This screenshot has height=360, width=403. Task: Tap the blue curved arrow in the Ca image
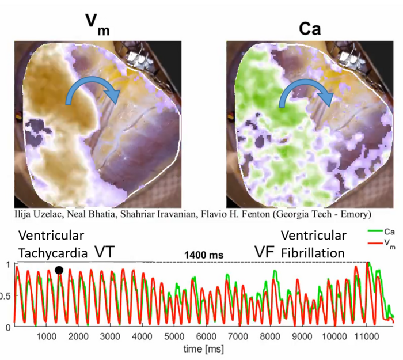tap(305, 92)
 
